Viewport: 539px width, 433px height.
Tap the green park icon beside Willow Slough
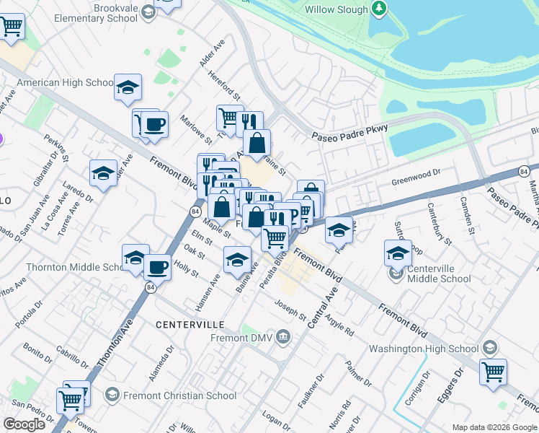tap(378, 9)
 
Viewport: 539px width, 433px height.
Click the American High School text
tap(65, 83)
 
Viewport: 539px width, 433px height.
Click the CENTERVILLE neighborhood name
tap(190, 325)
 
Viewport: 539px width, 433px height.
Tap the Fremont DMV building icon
tap(283, 336)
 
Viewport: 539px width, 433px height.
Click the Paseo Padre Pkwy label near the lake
tap(349, 133)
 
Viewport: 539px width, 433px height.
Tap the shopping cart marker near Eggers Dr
tap(494, 372)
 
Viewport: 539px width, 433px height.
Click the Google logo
tap(24, 424)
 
